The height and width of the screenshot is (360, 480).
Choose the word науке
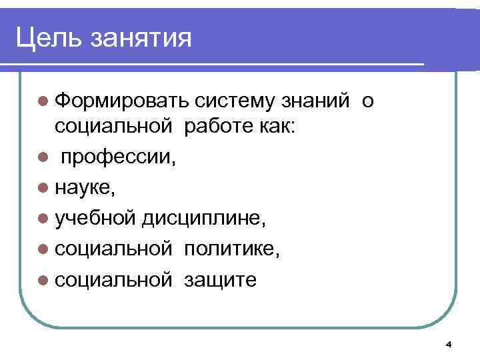85,189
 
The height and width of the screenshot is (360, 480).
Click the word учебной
97,219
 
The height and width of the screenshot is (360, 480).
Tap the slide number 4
448,344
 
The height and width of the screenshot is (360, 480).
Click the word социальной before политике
114,249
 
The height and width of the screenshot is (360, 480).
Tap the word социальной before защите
114,279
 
